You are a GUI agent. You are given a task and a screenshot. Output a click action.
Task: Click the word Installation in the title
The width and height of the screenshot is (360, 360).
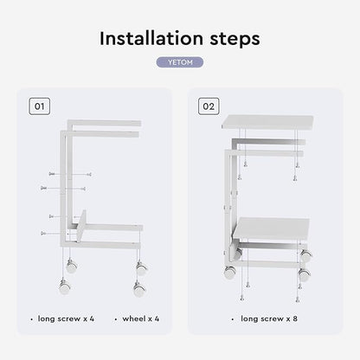[x=151, y=38]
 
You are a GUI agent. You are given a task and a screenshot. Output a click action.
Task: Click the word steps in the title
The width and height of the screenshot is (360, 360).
[x=235, y=40]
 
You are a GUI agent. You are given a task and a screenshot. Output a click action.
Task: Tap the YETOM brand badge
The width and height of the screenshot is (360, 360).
[x=180, y=62]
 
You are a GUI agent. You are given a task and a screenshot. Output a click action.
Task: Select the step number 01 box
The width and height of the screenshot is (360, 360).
[x=39, y=106]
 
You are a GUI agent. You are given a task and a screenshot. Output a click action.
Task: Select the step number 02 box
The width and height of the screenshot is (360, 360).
[x=209, y=106]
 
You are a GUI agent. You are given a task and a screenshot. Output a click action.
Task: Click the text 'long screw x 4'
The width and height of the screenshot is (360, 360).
[x=66, y=318]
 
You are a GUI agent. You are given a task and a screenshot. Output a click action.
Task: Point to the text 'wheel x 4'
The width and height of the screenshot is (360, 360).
[x=141, y=318]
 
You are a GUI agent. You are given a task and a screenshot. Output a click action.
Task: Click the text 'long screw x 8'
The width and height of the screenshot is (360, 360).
[x=269, y=318]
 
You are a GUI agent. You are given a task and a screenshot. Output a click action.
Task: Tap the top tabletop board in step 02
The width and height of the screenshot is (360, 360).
[x=267, y=122]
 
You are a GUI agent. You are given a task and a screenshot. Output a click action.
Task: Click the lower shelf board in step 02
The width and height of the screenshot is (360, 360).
[x=271, y=228]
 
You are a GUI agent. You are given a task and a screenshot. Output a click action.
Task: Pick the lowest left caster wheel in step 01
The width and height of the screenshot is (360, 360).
[x=65, y=286]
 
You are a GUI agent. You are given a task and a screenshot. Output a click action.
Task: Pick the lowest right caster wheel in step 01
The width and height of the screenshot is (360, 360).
[x=139, y=289]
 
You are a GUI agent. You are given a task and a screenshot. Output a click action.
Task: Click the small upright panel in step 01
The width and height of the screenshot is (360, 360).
[x=81, y=226]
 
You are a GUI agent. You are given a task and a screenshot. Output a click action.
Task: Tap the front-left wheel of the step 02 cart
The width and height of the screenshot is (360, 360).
[x=230, y=272]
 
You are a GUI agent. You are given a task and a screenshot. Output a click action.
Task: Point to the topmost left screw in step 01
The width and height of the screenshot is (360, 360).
[x=52, y=174]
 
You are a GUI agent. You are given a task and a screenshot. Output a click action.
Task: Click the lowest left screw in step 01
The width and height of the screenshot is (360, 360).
[x=44, y=233]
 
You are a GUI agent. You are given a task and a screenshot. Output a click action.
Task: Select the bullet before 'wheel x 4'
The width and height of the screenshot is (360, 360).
[x=116, y=319]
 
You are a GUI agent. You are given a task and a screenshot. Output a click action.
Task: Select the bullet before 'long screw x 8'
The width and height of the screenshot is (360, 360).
[x=233, y=319]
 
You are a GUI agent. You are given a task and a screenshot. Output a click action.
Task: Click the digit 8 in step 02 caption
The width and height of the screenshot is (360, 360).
[x=295, y=318]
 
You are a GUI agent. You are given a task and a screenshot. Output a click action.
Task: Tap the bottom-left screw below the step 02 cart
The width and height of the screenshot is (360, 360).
[x=242, y=298]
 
